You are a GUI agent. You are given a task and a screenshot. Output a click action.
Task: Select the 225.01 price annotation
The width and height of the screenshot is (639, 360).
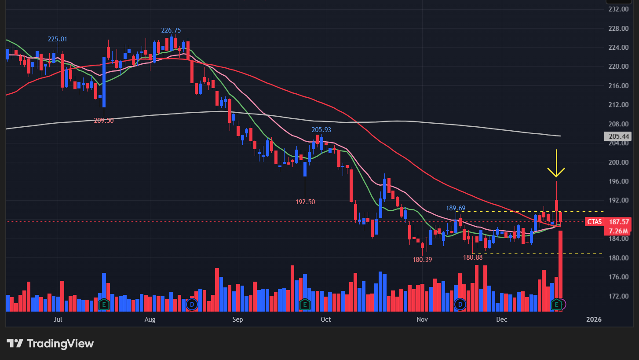point(58,39)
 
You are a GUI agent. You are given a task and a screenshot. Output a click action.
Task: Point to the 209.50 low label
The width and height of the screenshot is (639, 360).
point(104,120)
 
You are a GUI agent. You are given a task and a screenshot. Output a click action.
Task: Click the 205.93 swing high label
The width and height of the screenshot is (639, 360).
point(321,130)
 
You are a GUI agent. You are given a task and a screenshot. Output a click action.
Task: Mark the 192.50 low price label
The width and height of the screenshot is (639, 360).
point(305,202)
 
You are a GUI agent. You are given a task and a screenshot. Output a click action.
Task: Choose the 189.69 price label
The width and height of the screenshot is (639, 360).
point(456,208)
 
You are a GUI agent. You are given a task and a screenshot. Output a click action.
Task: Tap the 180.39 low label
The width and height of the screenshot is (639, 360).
point(422,260)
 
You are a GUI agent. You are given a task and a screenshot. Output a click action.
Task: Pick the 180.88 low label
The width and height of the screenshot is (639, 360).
point(473,257)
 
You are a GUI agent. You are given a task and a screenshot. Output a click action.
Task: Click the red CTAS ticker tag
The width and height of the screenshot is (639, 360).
point(595,222)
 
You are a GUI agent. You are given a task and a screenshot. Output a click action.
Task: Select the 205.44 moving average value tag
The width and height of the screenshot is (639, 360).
point(618,137)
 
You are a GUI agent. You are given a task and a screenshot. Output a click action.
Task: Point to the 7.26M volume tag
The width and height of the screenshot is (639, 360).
point(618,231)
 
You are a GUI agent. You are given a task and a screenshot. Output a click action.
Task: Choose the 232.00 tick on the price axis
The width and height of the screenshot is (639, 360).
point(618,9)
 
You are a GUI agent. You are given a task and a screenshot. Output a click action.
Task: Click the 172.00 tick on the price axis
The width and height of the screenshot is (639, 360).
point(618,296)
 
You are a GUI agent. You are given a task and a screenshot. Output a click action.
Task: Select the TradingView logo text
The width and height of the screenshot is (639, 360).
point(60,344)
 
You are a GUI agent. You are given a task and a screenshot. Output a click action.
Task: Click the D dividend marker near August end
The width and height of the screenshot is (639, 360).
point(191,304)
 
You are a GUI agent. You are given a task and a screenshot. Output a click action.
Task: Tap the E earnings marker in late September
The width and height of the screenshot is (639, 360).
point(304,304)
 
